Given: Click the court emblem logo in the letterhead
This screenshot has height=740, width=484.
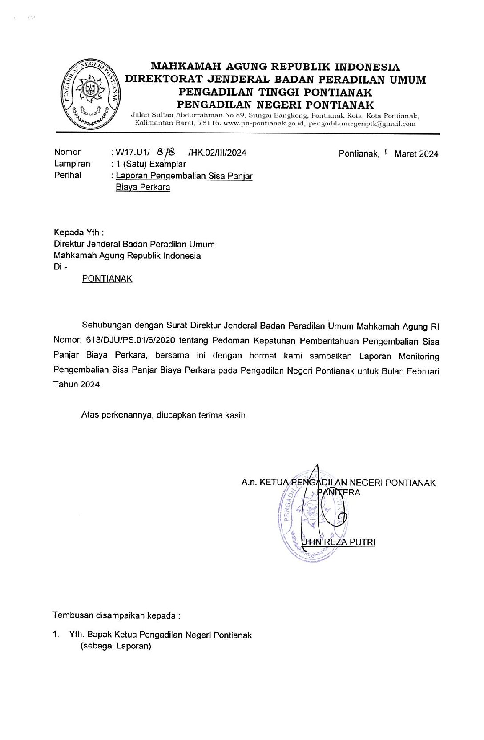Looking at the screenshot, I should (x=90, y=94).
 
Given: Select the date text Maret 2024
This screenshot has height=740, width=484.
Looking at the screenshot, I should (x=416, y=154).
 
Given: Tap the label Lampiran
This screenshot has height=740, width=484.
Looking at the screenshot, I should (x=72, y=164).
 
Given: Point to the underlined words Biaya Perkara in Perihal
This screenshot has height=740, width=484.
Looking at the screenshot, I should (x=143, y=187).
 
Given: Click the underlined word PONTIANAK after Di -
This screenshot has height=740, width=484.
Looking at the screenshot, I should (x=107, y=279).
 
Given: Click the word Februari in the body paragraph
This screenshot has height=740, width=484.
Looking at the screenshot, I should (x=423, y=371).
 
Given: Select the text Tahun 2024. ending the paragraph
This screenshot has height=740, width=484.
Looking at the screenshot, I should (x=77, y=385).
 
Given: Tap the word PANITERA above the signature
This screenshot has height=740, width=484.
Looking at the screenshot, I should (x=339, y=492).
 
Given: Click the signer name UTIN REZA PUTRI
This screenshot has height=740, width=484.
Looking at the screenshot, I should (x=339, y=542).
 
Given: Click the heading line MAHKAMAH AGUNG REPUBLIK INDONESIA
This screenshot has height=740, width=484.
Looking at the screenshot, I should (x=275, y=67).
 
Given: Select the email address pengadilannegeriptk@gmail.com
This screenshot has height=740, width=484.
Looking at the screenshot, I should (x=362, y=124).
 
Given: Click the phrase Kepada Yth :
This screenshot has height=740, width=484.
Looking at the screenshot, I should (x=79, y=233).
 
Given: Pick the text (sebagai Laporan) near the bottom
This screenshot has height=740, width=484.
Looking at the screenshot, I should (x=116, y=646).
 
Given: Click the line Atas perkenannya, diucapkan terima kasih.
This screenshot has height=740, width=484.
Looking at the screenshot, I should (x=164, y=415).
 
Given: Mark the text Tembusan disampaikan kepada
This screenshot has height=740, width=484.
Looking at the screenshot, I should (x=116, y=615).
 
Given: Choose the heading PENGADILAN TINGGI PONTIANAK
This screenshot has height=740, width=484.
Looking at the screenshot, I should (x=275, y=92).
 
